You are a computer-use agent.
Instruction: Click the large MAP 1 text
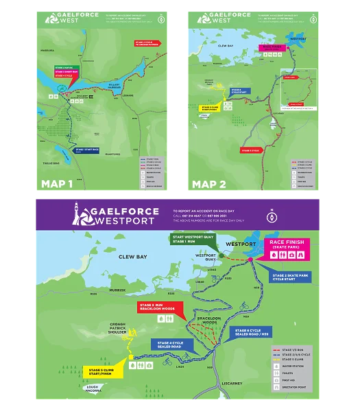click(59, 184)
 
